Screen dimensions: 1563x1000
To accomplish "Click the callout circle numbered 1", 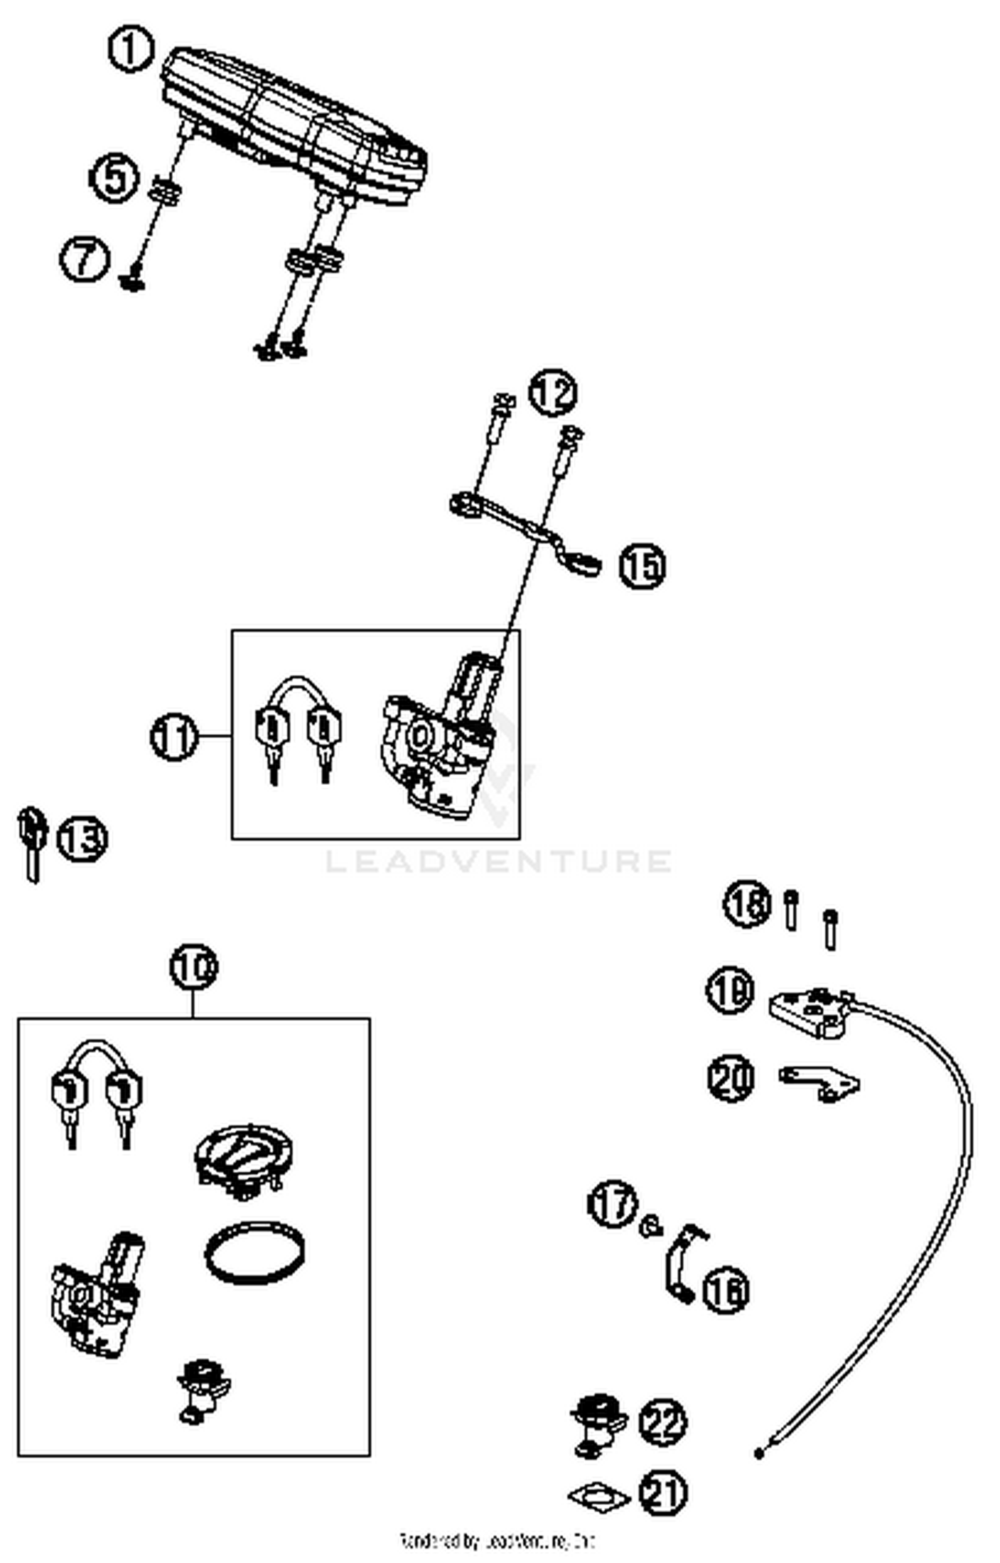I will [131, 49].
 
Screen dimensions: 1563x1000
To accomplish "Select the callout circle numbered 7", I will [85, 259].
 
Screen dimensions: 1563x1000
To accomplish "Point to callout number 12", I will [553, 393].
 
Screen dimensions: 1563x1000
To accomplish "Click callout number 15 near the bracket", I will [642, 565].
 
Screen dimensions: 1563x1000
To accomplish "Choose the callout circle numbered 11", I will [175, 737].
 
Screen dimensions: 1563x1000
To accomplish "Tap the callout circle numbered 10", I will [193, 966].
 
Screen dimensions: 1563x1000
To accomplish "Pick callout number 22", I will [663, 1422].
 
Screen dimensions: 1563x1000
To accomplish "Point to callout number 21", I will [663, 1492].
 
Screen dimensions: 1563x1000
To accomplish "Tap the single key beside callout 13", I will [31, 844].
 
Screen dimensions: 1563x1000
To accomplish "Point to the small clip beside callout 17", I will [651, 1226].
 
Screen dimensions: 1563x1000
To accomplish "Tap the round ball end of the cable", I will [759, 1453].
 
